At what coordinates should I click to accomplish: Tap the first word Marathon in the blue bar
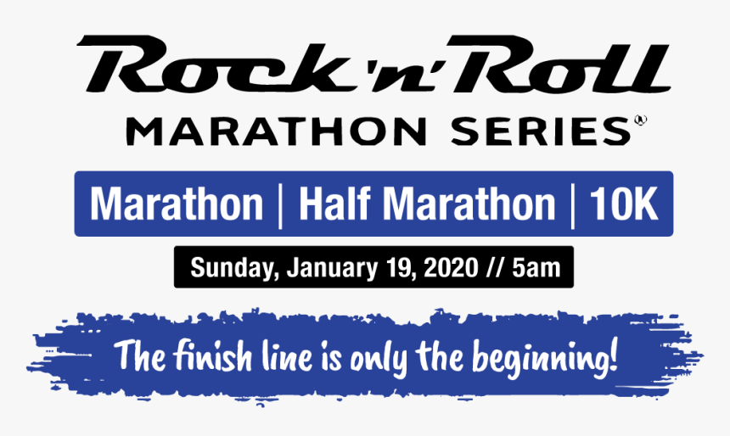click(177, 204)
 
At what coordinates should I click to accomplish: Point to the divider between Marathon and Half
click(280, 204)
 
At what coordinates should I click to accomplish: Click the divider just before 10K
click(574, 204)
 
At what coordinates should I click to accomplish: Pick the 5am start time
click(536, 268)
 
